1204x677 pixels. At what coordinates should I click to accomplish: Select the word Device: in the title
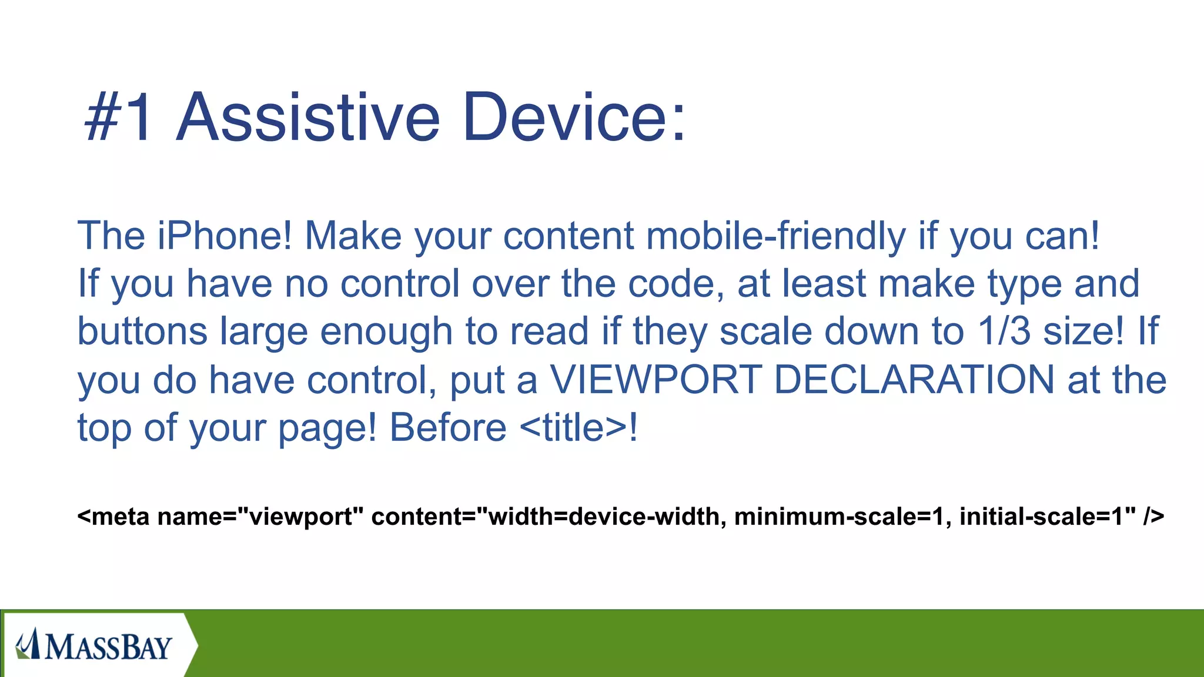(574, 118)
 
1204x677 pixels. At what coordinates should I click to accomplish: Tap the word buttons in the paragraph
(142, 331)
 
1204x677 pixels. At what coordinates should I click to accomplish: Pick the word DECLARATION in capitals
(914, 380)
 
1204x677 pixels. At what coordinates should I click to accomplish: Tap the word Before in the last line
(448, 428)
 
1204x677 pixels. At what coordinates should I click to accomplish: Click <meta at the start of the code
(113, 517)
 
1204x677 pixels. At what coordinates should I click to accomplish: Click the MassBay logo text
(109, 647)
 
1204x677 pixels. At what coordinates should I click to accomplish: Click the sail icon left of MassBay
(27, 644)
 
